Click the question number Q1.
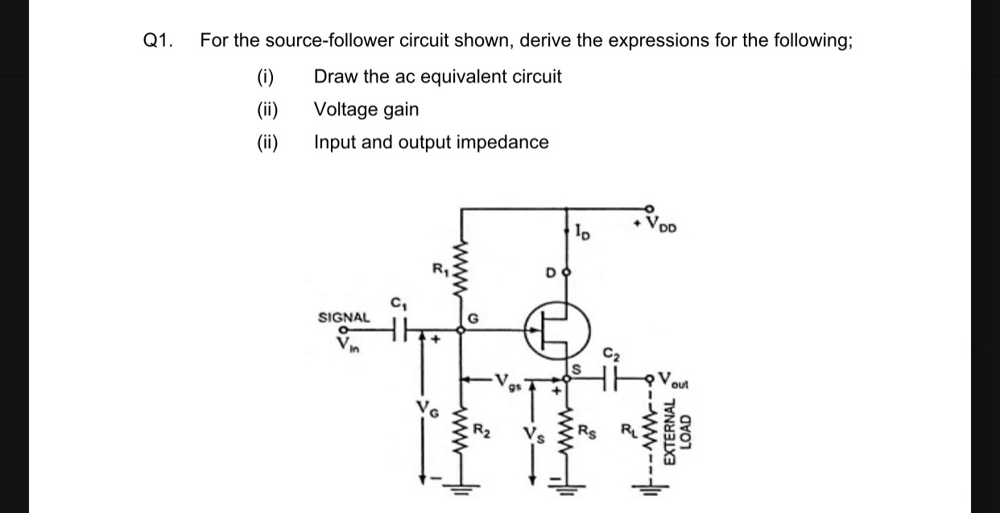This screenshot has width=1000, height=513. [157, 40]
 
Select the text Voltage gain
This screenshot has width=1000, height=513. [366, 110]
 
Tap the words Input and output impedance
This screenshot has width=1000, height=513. [431, 143]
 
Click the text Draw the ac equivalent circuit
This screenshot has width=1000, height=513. [437, 77]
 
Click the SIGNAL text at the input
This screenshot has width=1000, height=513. [344, 317]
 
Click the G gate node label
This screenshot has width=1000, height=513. [473, 317]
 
